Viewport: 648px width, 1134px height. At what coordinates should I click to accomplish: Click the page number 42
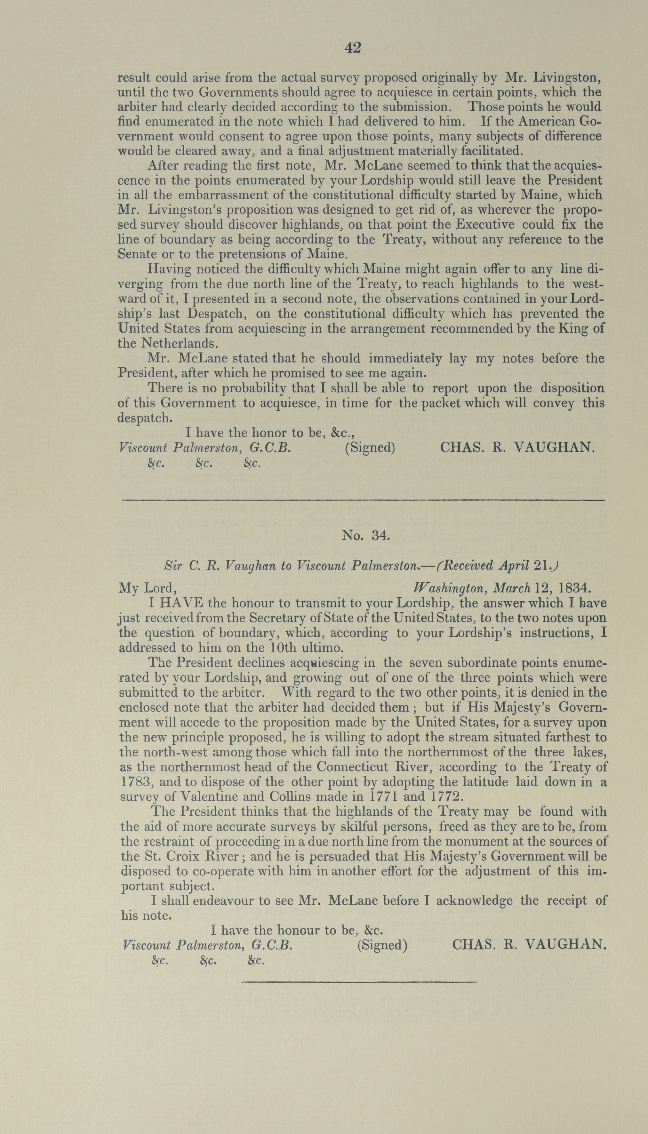tap(353, 48)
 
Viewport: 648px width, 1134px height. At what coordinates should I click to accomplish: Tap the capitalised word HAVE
tap(182, 603)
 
